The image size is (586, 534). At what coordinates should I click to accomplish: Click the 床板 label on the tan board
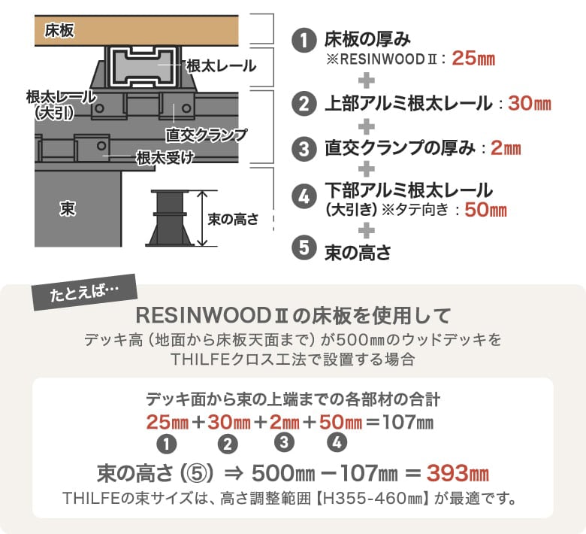pyautogui.click(x=59, y=30)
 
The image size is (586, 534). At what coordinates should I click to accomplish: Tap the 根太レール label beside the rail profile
pyautogui.click(x=221, y=66)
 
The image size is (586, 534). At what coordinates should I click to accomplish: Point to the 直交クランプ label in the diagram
pyautogui.click(x=207, y=135)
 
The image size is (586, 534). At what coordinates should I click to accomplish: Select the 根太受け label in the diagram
pyautogui.click(x=165, y=158)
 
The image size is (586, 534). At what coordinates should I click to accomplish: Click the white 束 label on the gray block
pyautogui.click(x=68, y=208)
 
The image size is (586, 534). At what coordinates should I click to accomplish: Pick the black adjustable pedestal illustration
pyautogui.click(x=170, y=218)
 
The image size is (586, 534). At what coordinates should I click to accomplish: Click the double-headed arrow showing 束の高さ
pyautogui.click(x=202, y=218)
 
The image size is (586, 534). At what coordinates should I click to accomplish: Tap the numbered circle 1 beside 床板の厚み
pyautogui.click(x=304, y=41)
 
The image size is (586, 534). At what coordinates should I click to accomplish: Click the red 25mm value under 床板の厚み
pyautogui.click(x=473, y=59)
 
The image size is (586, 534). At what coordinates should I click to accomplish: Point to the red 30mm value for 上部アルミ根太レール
pyautogui.click(x=529, y=103)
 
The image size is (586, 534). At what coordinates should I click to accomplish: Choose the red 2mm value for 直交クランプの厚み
pyautogui.click(x=506, y=147)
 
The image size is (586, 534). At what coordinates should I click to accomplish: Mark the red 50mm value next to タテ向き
pyautogui.click(x=485, y=210)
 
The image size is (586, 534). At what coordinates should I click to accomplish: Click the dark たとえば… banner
pyautogui.click(x=85, y=293)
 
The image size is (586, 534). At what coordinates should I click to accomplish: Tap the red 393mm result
pyautogui.click(x=458, y=473)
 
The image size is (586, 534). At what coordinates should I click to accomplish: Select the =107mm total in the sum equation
pyautogui.click(x=400, y=422)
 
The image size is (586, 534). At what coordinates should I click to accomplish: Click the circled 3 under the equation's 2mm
pyautogui.click(x=284, y=443)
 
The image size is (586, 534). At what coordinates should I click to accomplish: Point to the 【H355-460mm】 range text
pyautogui.click(x=373, y=499)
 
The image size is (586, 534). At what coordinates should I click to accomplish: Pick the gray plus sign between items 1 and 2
pyautogui.click(x=367, y=80)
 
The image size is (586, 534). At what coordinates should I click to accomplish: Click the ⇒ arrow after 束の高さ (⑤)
pyautogui.click(x=234, y=473)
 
